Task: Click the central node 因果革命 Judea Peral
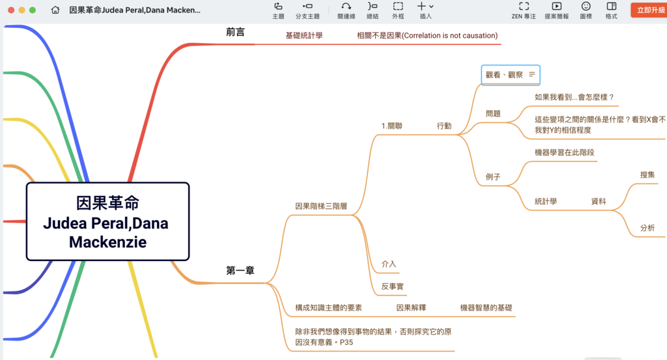(107, 222)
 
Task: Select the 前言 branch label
(236, 32)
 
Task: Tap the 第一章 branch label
(240, 271)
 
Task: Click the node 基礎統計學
(304, 36)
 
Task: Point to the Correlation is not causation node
(427, 36)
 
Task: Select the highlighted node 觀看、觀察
(504, 75)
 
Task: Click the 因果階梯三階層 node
(321, 206)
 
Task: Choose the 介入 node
(389, 264)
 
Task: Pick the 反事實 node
(393, 286)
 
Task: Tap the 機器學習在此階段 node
(564, 153)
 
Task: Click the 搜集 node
(647, 175)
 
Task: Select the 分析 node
(647, 228)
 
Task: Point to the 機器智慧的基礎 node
(486, 308)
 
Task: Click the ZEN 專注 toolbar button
(524, 10)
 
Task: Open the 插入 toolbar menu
(425, 10)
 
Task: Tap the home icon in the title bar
(55, 10)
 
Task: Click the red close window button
(9, 10)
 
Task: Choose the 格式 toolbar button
(611, 10)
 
